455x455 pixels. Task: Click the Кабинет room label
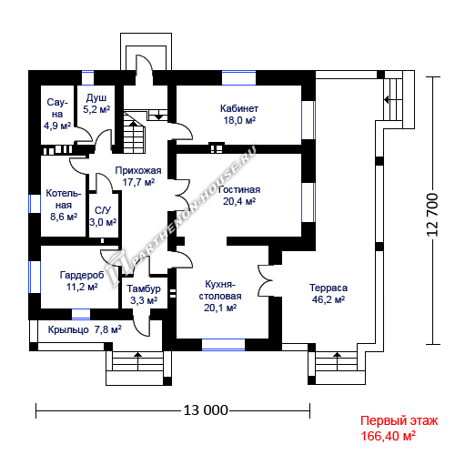tap(239, 115)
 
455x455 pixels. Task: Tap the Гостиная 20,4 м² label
tap(239, 196)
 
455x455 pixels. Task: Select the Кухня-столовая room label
tap(220, 296)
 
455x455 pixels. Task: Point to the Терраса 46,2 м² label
tap(329, 293)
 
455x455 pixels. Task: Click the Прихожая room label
tap(138, 177)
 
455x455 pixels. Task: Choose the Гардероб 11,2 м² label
tap(82, 281)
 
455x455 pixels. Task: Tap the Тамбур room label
tap(144, 294)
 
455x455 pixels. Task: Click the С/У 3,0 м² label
tap(103, 217)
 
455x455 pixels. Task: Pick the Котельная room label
tap(64, 205)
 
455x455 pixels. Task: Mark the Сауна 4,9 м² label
tap(57, 114)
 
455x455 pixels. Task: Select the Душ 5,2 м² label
tap(96, 104)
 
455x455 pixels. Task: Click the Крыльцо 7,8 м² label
tap(85, 329)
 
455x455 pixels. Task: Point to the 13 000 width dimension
tap(206, 410)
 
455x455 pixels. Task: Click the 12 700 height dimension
tap(432, 215)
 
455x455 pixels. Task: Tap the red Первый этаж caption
tap(399, 421)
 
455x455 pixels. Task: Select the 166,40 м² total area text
tap(388, 436)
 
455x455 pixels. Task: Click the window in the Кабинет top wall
tap(238, 78)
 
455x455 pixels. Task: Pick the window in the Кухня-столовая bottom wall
tap(223, 345)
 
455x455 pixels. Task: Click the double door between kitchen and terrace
tap(266, 280)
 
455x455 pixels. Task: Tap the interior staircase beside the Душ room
tap(135, 132)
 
